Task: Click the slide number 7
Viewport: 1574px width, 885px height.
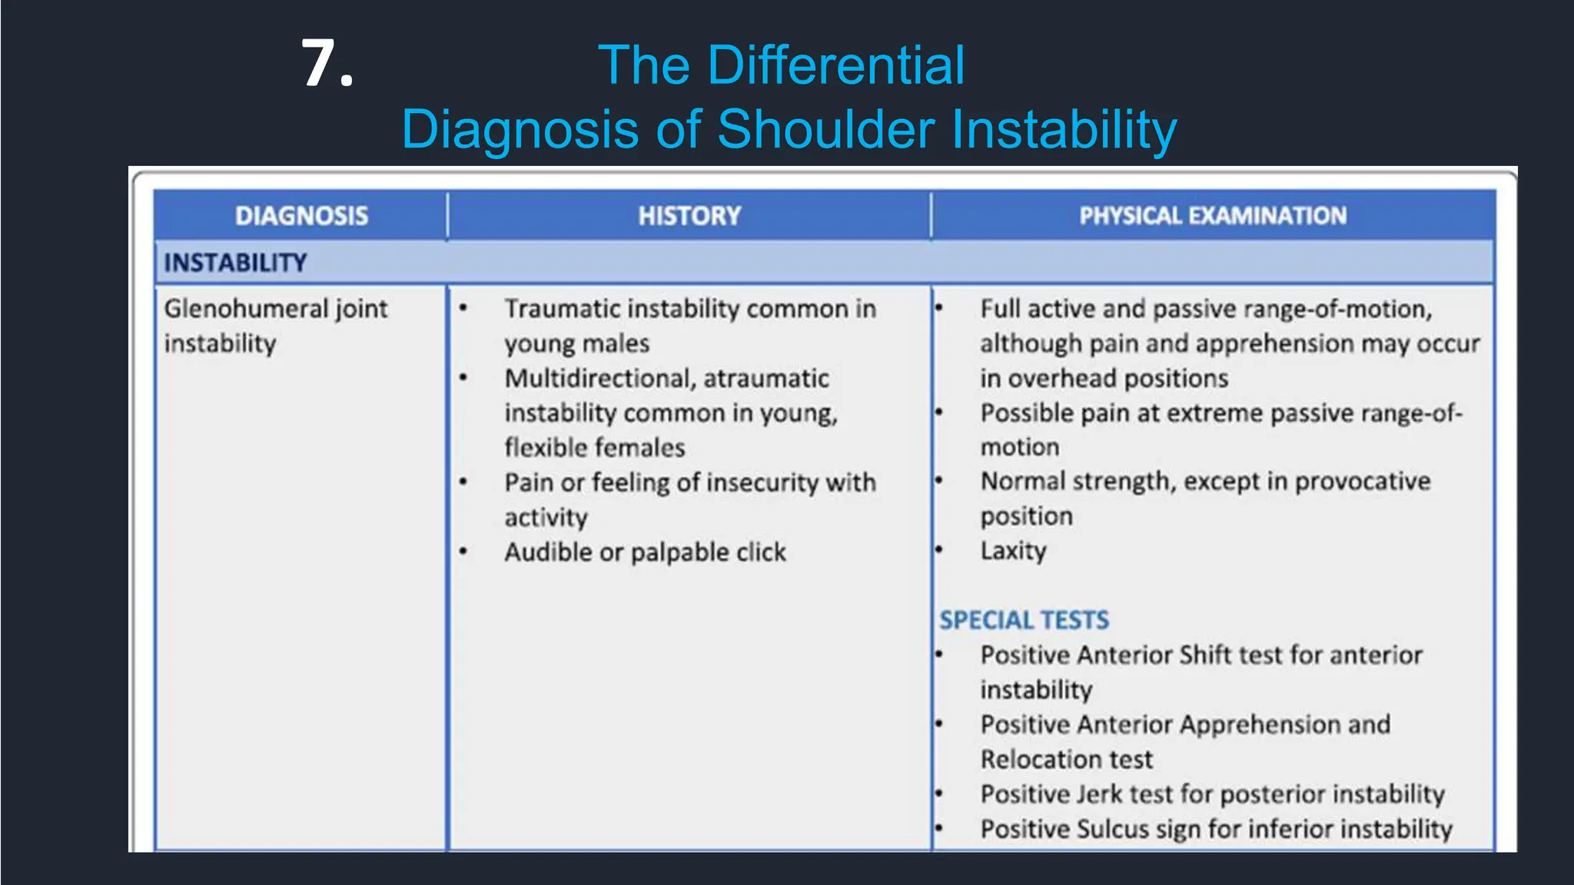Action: tap(326, 65)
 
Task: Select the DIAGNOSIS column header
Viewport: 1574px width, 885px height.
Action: tap(301, 216)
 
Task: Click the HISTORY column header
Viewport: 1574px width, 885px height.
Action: tap(689, 216)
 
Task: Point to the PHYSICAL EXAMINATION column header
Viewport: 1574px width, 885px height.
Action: tap(1213, 216)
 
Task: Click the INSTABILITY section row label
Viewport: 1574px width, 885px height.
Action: tap(235, 263)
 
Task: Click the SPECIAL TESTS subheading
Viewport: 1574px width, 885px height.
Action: tap(1024, 620)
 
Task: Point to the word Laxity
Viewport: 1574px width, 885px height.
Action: tap(1013, 551)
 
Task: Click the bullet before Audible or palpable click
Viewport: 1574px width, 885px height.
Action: tap(463, 552)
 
